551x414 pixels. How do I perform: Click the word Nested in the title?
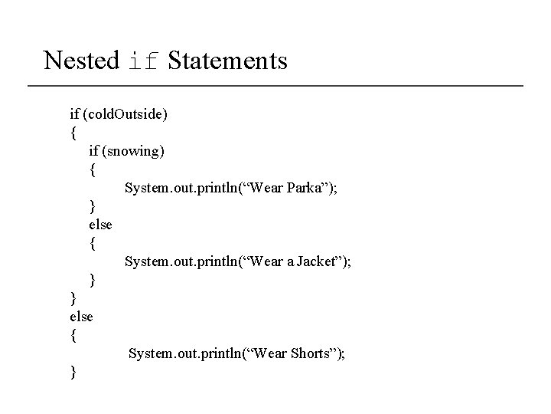click(81, 60)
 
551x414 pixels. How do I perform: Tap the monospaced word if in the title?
click(144, 61)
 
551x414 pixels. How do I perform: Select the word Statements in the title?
click(227, 60)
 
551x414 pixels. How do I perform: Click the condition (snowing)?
click(135, 151)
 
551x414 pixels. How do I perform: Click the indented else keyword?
click(100, 225)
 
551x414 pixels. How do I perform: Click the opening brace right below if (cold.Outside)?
click(73, 133)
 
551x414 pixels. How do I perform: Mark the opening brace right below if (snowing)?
click(92, 169)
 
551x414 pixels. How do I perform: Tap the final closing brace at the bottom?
click(73, 373)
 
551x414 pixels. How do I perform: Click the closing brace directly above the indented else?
click(92, 206)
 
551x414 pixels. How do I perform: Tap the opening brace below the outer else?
click(73, 335)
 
